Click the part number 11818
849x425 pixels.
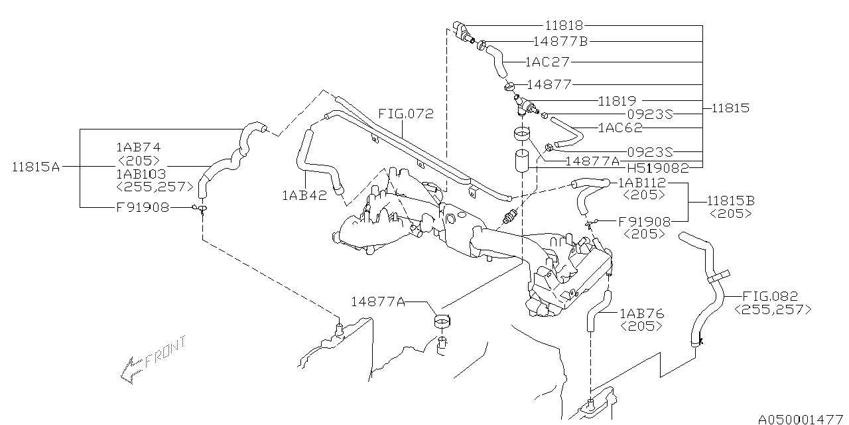[x=564, y=25]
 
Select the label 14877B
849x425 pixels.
[x=560, y=41]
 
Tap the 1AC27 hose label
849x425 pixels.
[x=548, y=62]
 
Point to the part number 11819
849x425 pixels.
[x=617, y=100]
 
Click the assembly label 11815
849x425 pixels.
[x=730, y=108]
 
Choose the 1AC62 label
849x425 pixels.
[x=620, y=127]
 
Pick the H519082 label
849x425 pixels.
[x=658, y=167]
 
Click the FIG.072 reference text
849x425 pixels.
[x=406, y=114]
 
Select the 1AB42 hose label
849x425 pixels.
[x=304, y=195]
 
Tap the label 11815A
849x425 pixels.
[x=36, y=167]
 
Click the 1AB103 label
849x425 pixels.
[x=141, y=174]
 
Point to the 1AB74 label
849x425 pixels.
[x=139, y=147]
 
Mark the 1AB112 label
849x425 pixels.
[x=642, y=183]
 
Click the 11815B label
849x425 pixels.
[x=731, y=201]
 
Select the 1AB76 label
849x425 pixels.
[x=642, y=313]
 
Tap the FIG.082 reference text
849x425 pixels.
[x=770, y=296]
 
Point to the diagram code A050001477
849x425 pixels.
[x=801, y=419]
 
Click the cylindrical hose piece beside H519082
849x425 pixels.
[x=522, y=161]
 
